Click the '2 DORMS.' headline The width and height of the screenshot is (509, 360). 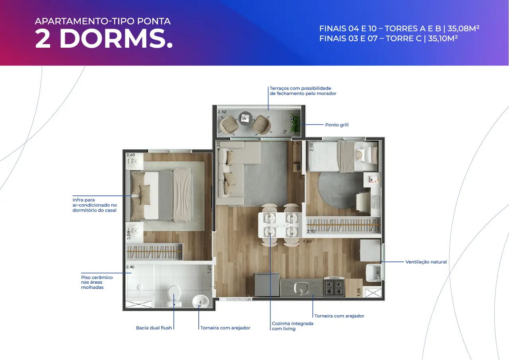[x=104, y=39]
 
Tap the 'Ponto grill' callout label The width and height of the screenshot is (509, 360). [x=337, y=125]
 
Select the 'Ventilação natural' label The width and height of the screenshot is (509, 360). [x=426, y=262]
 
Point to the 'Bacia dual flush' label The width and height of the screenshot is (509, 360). [x=154, y=328]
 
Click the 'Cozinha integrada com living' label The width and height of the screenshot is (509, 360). [x=292, y=326]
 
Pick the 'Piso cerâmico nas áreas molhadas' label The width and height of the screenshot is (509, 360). [x=97, y=282]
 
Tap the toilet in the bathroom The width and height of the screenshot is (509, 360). [x=174, y=296]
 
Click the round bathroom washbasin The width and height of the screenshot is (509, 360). [x=200, y=301]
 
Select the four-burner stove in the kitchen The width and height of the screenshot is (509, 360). [x=334, y=287]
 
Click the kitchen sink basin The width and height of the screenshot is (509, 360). [x=301, y=288]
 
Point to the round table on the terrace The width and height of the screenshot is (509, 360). [x=245, y=118]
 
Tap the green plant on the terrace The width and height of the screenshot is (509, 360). [x=295, y=123]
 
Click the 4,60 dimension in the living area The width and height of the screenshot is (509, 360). [x=307, y=241]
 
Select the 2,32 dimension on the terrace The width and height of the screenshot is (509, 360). [x=222, y=112]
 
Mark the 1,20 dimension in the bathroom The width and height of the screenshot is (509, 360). [x=209, y=269]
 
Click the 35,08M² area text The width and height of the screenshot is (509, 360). [x=463, y=28]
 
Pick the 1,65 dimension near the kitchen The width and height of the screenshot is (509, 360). [x=359, y=292]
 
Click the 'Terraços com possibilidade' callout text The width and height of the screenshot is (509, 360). [x=300, y=88]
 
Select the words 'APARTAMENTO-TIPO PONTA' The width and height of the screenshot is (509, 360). [x=103, y=21]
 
